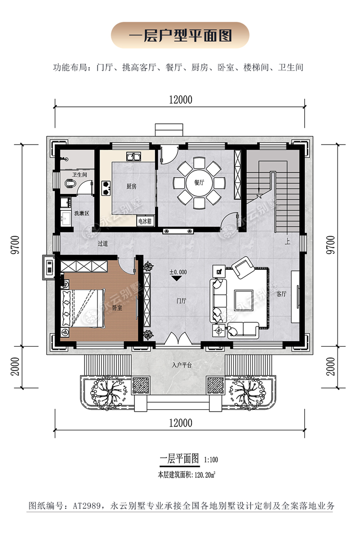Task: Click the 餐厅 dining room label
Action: pos(199,183)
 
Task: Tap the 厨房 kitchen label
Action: pos(132,186)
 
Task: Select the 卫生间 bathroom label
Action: pos(80,175)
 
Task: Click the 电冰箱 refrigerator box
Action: pos(145,221)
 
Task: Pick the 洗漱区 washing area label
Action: pos(82,213)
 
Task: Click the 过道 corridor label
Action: pos(103,243)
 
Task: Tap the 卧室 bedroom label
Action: pos(117,307)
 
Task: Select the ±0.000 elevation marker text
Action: pos(178,272)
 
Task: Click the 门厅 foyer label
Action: pos(181,301)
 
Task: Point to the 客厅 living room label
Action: pos(281,293)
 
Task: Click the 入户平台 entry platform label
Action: pos(181,365)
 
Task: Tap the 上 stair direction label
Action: pos(288,242)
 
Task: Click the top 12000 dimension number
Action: pos(180,99)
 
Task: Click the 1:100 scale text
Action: pos(211,460)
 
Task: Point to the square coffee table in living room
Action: pos(243,299)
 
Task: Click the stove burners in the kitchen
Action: pos(106,188)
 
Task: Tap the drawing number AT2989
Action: pos(87,506)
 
